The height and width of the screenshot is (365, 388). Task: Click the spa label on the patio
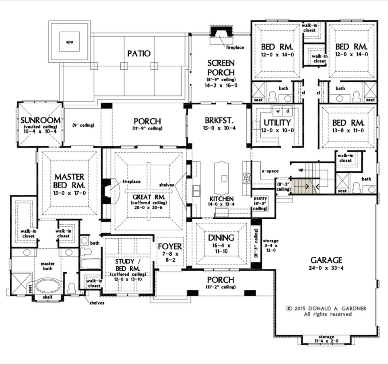[70, 42]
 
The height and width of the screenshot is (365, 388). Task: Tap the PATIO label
[139, 54]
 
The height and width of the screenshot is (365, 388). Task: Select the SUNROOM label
[40, 120]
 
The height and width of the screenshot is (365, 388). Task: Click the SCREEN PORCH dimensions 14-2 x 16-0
[221, 86]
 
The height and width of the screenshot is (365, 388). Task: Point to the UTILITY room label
[277, 123]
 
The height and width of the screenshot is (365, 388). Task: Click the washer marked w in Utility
[278, 111]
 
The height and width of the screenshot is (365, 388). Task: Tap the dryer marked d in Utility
[287, 111]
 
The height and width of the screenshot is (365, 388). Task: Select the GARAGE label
[326, 260]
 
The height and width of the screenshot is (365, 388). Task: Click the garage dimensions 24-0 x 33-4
[326, 268]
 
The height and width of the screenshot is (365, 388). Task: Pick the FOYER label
[170, 246]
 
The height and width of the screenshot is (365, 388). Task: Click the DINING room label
[221, 238]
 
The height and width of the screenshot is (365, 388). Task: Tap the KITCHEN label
[221, 199]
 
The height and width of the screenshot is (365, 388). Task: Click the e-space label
[270, 171]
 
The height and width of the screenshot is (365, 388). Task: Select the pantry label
[260, 198]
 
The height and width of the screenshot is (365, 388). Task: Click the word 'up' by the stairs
[301, 170]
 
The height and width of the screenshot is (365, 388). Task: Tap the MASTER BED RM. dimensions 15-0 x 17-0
[70, 193]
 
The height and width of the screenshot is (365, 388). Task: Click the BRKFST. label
[219, 120]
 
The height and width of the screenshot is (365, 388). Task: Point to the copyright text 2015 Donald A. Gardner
[326, 308]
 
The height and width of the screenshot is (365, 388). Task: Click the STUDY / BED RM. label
[128, 265]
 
